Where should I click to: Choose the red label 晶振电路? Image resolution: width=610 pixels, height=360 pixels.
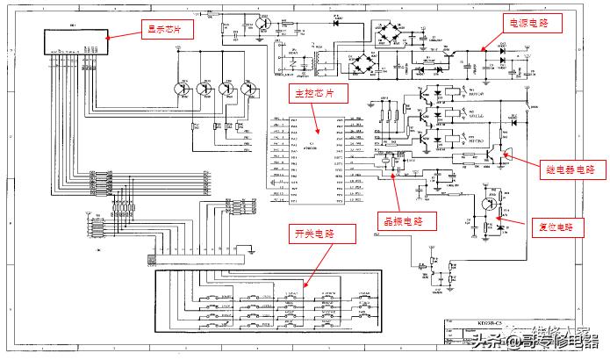coord(399,220)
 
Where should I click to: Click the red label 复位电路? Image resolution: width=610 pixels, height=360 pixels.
coord(560,227)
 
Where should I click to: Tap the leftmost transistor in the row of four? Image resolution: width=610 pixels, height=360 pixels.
coord(181,88)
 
